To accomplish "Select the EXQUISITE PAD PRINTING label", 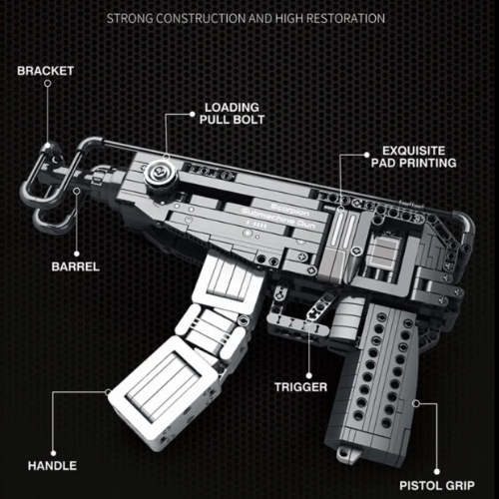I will [413, 153].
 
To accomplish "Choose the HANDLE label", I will [53, 464].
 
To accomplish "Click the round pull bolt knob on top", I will [157, 177].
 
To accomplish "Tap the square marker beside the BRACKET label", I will [47, 90].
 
